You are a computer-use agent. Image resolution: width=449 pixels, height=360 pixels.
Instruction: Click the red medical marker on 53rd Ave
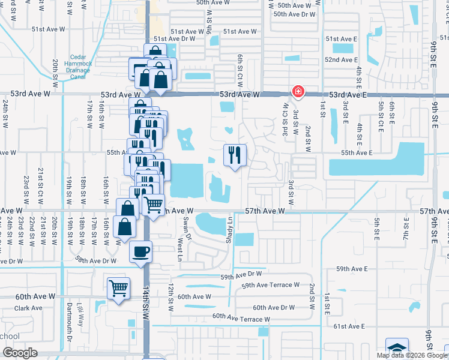coord(297,92)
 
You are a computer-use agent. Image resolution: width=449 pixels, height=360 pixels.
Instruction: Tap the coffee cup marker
coord(140,251)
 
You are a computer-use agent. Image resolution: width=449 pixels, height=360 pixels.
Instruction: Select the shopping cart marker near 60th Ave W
coord(118,289)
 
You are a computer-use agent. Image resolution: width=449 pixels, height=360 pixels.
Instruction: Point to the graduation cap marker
coord(397,349)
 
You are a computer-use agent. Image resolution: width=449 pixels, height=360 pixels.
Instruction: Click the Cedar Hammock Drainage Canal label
coord(78,63)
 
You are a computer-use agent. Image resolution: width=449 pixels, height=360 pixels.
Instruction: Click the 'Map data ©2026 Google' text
coord(411,355)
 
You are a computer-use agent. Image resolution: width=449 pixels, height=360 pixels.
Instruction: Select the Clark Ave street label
coord(28,308)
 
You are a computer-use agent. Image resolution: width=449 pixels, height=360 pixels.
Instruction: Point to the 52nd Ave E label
coord(341,60)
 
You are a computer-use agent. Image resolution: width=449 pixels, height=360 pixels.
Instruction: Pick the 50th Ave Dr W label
coord(294,14)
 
